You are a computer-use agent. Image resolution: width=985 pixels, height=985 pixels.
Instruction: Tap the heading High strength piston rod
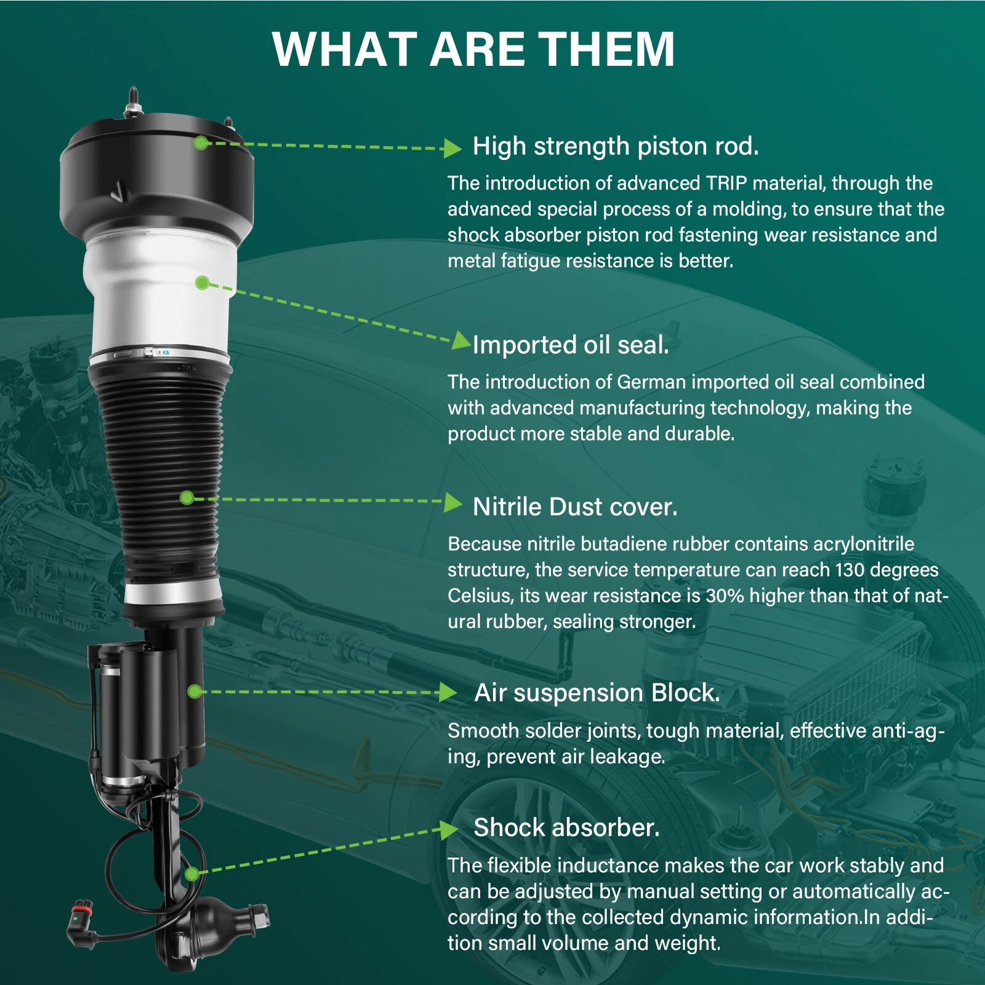coord(616,147)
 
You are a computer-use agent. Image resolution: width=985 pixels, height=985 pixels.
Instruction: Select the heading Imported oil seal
coord(571,345)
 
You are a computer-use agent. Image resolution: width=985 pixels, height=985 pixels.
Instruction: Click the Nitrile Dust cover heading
coord(575,507)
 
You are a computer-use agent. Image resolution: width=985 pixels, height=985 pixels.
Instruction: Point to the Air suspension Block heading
coord(597,693)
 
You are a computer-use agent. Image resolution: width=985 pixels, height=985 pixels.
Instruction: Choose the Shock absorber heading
coord(566,827)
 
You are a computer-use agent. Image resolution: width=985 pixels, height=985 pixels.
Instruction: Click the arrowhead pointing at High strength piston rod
coord(452,148)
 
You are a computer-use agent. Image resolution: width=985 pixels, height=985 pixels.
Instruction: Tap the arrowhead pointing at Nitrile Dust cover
coord(452,502)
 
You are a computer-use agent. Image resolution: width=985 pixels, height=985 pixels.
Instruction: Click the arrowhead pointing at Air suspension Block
coord(448,693)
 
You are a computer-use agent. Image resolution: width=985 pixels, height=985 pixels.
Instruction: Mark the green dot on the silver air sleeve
coord(202,283)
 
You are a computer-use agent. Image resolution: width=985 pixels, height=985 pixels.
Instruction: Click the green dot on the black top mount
coord(201,143)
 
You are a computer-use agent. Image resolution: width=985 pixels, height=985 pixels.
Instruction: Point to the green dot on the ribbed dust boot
coord(187,497)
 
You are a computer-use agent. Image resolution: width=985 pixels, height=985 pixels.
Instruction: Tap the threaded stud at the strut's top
coord(132,101)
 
